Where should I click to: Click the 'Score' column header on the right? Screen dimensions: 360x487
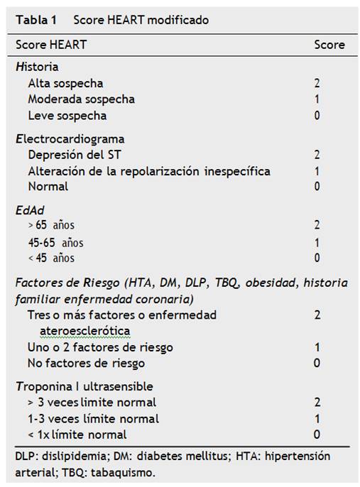point(329,44)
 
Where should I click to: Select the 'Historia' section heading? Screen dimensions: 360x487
point(37,67)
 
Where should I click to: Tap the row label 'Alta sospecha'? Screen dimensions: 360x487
point(65,83)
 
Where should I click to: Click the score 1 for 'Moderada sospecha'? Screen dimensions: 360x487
point(317,99)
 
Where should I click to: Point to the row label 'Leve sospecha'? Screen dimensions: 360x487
point(67,115)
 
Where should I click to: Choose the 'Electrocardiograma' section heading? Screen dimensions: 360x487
point(70,138)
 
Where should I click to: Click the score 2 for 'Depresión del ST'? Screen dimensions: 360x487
point(317,154)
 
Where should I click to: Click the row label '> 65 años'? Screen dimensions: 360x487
point(50,226)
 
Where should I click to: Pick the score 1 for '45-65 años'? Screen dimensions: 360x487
point(317,242)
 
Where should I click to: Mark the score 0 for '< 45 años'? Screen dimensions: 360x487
point(317,258)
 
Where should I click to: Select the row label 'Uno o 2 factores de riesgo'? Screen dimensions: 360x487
point(100,347)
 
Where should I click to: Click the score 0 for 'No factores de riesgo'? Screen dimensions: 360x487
point(317,363)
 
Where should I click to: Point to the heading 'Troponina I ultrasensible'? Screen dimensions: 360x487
point(84,386)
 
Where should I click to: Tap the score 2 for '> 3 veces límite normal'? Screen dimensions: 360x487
point(317,403)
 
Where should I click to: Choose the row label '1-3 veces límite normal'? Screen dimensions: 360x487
point(93,418)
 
